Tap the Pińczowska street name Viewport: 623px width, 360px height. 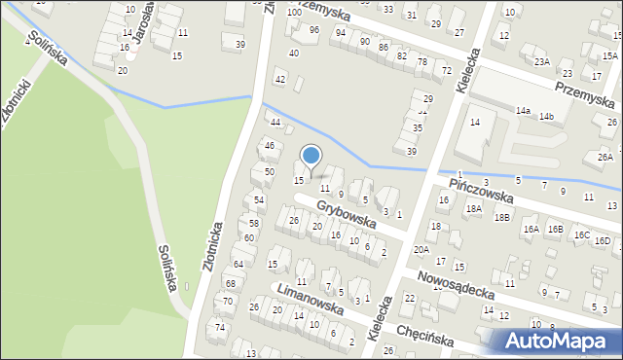click(481, 190)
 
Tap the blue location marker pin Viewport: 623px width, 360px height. click(311, 157)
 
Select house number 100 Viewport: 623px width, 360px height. click(294, 13)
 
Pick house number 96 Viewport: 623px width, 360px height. click(313, 30)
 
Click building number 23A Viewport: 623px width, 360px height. click(541, 61)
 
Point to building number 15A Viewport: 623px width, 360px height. click(609, 58)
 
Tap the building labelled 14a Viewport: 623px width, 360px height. click(523, 111)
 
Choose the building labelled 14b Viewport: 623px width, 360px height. click(547, 117)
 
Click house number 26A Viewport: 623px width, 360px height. click(605, 157)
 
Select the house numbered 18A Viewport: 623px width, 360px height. click(474, 208)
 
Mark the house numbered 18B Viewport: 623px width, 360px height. click(501, 217)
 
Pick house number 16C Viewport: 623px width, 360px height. click(581, 235)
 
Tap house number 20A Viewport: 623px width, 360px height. click(421, 249)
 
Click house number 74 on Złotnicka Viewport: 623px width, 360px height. click(220, 327)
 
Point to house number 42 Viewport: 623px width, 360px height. click(280, 79)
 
